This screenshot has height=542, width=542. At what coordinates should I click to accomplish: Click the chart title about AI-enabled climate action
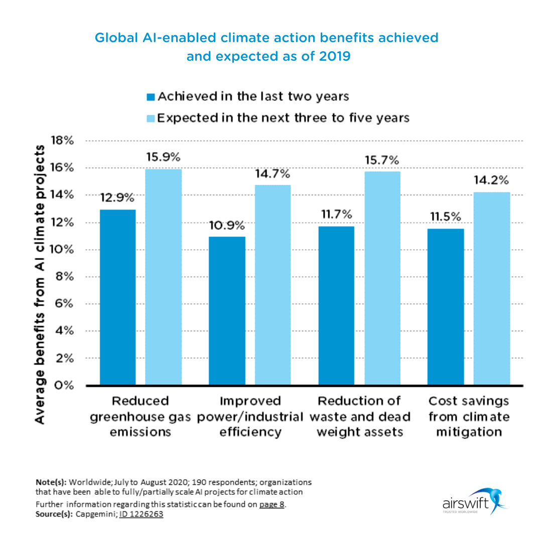266,47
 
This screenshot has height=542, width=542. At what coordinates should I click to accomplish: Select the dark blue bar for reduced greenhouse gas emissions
117,297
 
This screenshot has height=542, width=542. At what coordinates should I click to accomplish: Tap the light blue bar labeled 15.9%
163,277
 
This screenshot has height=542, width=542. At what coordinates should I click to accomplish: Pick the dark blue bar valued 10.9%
227,311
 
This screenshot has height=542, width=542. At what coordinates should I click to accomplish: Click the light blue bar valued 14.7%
273,285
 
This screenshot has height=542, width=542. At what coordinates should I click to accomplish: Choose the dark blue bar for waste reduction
336,306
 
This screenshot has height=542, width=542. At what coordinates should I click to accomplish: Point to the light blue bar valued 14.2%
492,289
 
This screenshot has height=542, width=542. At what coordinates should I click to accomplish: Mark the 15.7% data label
382,161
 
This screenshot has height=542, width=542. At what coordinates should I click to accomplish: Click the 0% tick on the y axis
64,385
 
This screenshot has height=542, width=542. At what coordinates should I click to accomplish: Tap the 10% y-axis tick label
62,249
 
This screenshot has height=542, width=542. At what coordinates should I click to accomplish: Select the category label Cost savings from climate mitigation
469,416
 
